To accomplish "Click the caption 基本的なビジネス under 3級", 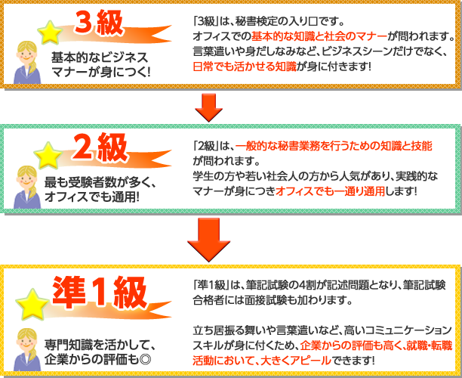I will click(x=100, y=57).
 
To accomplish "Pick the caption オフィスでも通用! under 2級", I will click(x=97, y=196).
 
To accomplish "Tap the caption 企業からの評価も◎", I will click(x=98, y=357).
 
